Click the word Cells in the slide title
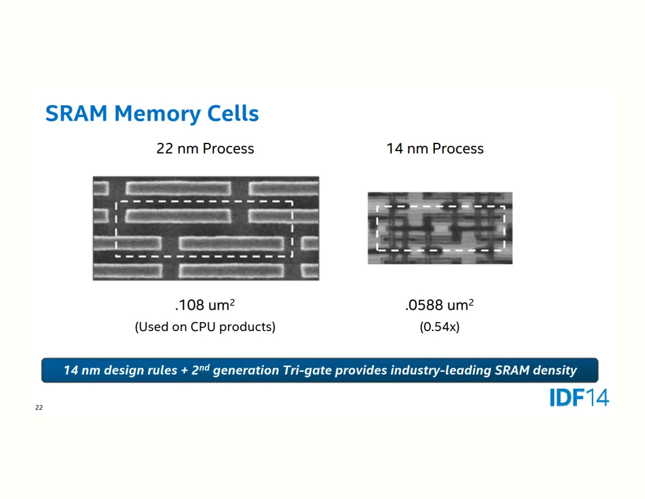point(233,114)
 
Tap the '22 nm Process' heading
point(205,149)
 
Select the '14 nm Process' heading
point(435,149)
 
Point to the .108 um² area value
point(205,305)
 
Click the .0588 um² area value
point(440,305)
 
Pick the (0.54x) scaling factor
point(440,327)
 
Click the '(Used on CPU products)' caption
point(205,327)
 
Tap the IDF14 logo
point(579,398)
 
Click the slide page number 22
point(39,408)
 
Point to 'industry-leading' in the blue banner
point(441,371)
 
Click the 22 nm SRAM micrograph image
point(205,228)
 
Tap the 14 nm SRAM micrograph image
point(440,228)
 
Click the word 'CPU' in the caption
point(203,327)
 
